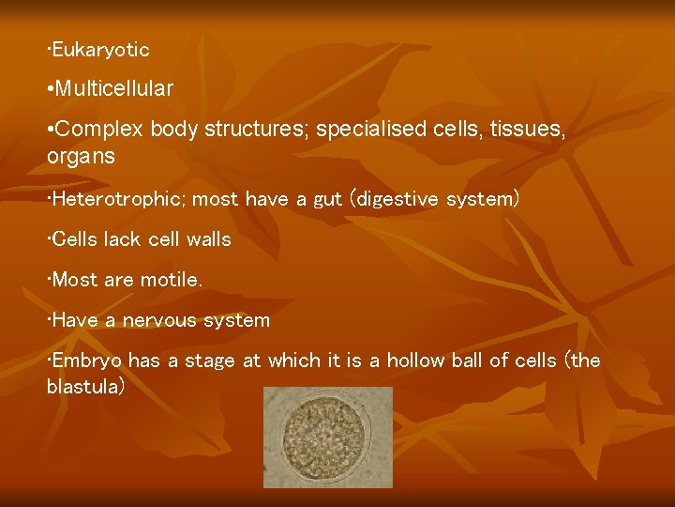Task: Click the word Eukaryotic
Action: [100, 49]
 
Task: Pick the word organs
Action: [81, 157]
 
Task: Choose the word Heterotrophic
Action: [112, 199]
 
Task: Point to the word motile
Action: [171, 280]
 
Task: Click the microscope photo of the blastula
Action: [327, 437]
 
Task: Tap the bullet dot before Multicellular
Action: [50, 90]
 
